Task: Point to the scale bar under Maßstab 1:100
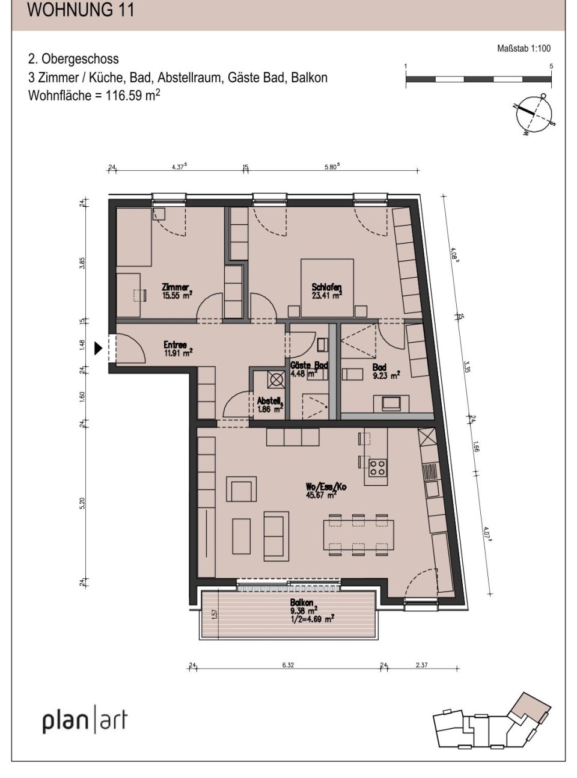click(478, 79)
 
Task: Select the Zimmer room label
click(176, 291)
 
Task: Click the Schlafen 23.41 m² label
click(326, 291)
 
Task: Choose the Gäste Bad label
click(308, 369)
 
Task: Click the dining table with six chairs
click(359, 531)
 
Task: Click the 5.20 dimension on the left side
click(82, 503)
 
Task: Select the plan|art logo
click(85, 720)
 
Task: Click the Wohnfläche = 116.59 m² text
click(94, 96)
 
